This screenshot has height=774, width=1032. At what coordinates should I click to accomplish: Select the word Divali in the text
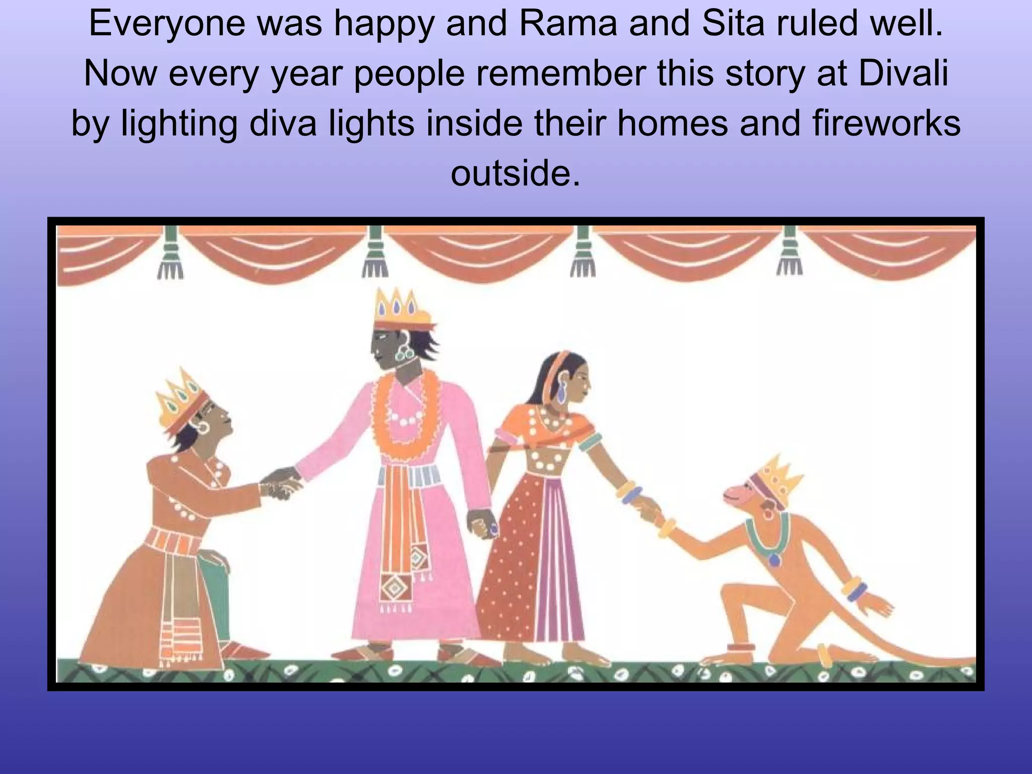903,74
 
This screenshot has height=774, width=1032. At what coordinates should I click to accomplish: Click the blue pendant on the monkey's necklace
775,560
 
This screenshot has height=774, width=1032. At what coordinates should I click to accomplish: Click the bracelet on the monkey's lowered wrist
856,590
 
